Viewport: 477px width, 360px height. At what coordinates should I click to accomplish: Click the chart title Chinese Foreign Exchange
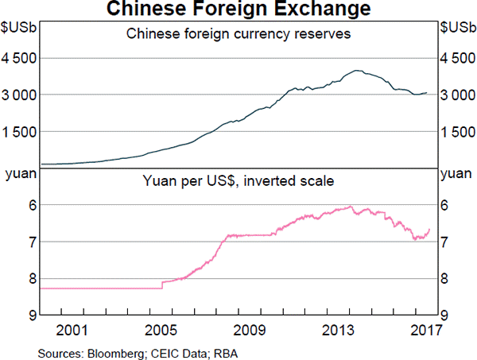238,10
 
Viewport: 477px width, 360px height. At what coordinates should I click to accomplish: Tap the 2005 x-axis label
161,330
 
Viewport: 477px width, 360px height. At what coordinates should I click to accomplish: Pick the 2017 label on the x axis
421,330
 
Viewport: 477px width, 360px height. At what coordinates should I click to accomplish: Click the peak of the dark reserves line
359,70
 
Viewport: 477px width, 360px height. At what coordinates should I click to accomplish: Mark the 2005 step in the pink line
162,284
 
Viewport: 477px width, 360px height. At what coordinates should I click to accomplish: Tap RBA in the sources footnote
196,350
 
